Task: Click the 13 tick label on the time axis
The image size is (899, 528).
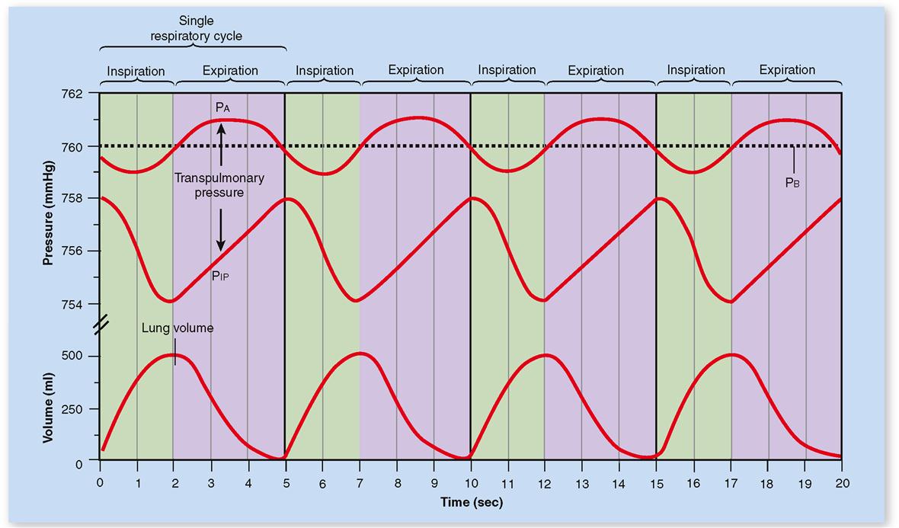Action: (x=581, y=484)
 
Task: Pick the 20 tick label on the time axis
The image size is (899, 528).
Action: (x=842, y=484)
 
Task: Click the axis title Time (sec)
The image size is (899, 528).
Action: (x=471, y=503)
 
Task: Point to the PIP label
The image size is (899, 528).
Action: (x=221, y=277)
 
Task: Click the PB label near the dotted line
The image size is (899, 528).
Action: (x=793, y=183)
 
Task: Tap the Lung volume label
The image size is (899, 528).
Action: (x=178, y=328)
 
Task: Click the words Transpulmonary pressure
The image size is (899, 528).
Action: (x=219, y=185)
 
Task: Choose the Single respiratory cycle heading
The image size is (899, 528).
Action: (x=195, y=27)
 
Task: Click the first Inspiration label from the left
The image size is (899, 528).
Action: (x=136, y=72)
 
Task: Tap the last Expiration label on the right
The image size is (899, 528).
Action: (x=787, y=70)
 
